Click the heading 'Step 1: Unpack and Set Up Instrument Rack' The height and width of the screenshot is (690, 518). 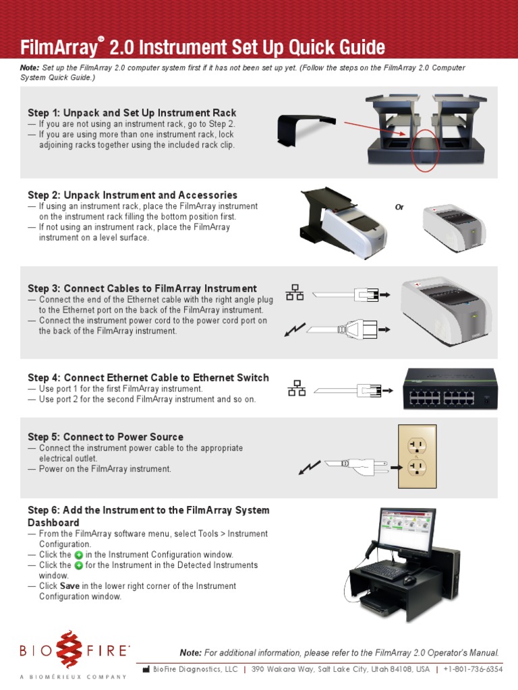coord(132,113)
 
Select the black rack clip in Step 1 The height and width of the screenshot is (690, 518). coord(304,131)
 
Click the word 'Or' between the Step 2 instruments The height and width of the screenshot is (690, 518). coord(399,208)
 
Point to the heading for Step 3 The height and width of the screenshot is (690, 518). coord(142,288)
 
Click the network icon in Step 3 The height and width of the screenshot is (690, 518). coord(295,292)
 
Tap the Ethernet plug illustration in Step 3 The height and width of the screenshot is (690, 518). coord(364,294)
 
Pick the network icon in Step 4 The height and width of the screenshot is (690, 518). coord(297,389)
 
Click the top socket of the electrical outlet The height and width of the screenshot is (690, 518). coord(415,445)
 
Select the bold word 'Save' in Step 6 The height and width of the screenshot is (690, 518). coord(69,586)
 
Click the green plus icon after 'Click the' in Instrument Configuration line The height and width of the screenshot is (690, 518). coord(79,555)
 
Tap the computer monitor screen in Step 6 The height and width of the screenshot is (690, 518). coord(406,532)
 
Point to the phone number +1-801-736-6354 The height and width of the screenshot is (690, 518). coord(473,669)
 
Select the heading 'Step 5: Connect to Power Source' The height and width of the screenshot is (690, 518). coord(105,437)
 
